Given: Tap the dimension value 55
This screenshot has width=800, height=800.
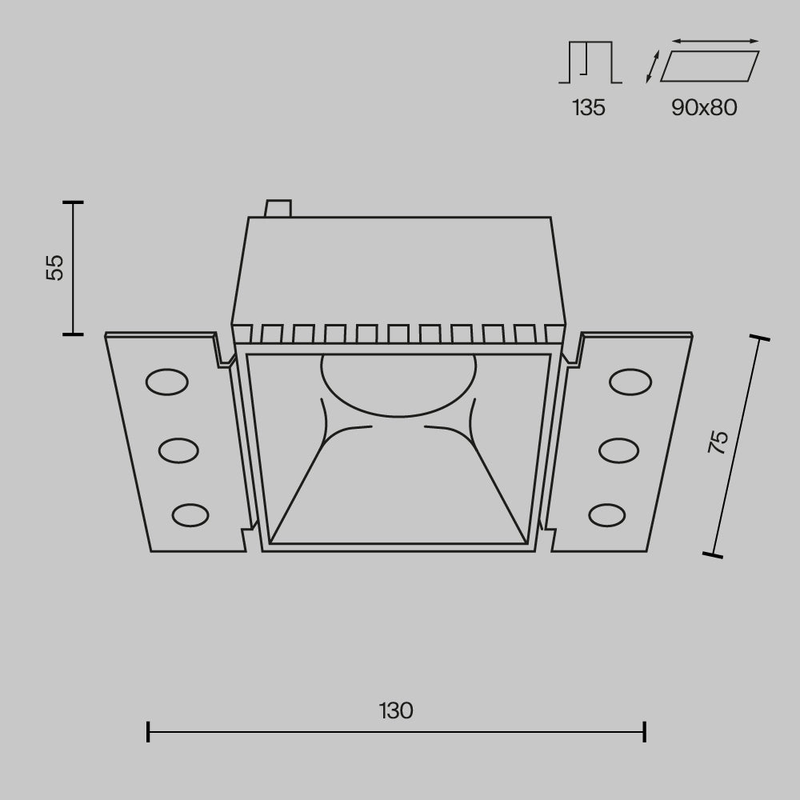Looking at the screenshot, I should tap(54, 267).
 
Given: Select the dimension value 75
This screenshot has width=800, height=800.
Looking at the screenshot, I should tap(718, 442).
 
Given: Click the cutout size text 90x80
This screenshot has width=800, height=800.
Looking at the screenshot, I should tap(704, 108).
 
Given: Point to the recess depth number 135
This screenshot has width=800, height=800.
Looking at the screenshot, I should tap(589, 108).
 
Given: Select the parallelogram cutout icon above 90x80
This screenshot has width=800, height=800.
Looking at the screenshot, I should tap(710, 66).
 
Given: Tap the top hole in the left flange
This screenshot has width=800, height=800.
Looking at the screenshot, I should tap(166, 382).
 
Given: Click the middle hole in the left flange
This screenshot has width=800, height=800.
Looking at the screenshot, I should tap(178, 450).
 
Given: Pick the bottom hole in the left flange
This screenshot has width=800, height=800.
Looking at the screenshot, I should tap(190, 514).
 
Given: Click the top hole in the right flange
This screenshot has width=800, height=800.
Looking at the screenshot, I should tap(630, 382).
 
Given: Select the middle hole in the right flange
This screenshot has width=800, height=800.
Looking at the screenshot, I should tap(618, 450).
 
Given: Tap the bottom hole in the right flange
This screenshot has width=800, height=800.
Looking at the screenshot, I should tap(607, 514).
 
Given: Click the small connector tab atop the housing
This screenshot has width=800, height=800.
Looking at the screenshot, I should tap(278, 208).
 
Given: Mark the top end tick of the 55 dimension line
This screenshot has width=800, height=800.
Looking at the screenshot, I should tap(73, 202).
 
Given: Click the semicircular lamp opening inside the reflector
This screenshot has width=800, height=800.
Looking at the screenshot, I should tap(398, 382).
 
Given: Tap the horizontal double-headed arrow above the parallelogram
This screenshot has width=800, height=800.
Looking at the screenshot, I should tap(715, 40).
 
